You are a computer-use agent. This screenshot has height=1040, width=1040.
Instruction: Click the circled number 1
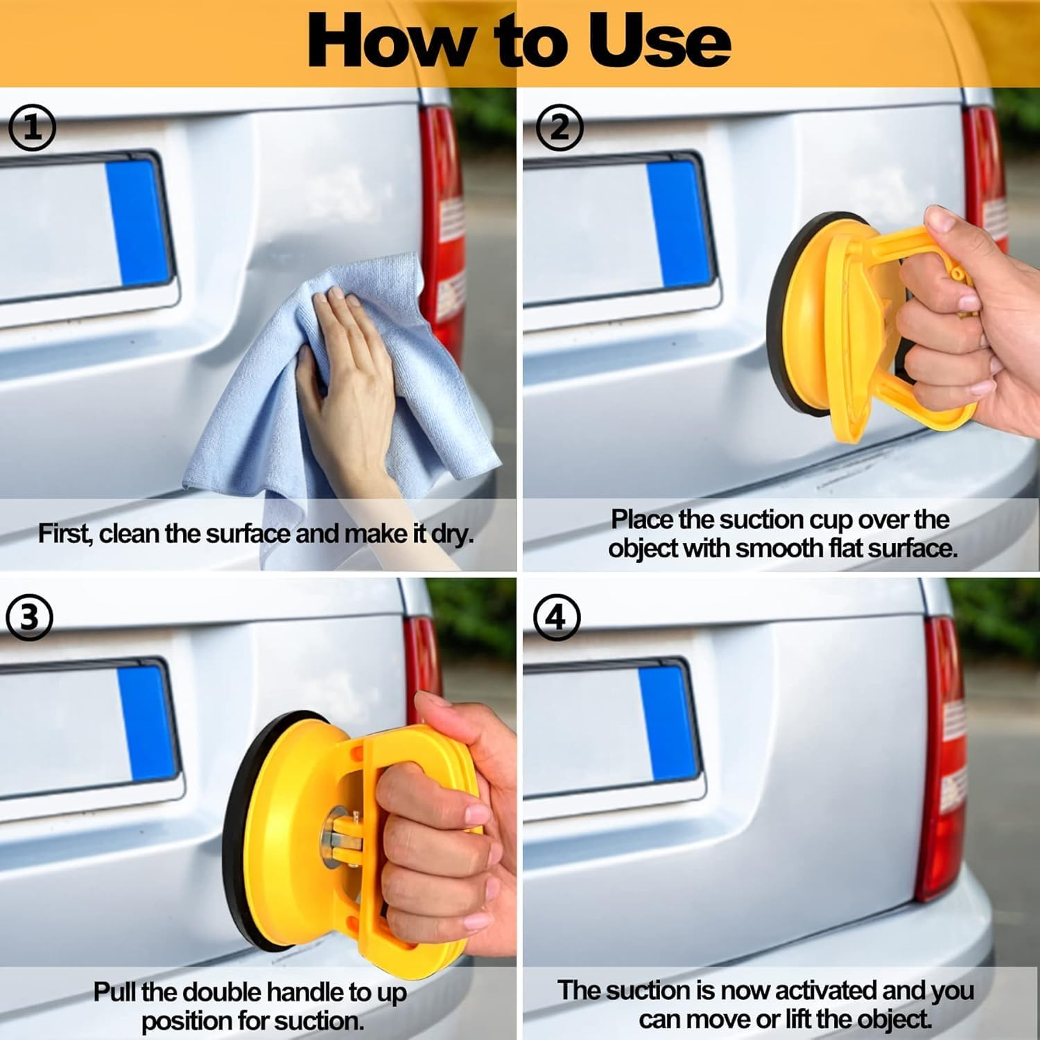[32, 128]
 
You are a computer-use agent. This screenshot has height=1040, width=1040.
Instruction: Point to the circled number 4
[557, 616]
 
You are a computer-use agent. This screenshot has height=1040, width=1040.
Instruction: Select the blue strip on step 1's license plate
[137, 222]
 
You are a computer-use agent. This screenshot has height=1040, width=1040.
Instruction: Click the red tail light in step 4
[943, 763]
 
